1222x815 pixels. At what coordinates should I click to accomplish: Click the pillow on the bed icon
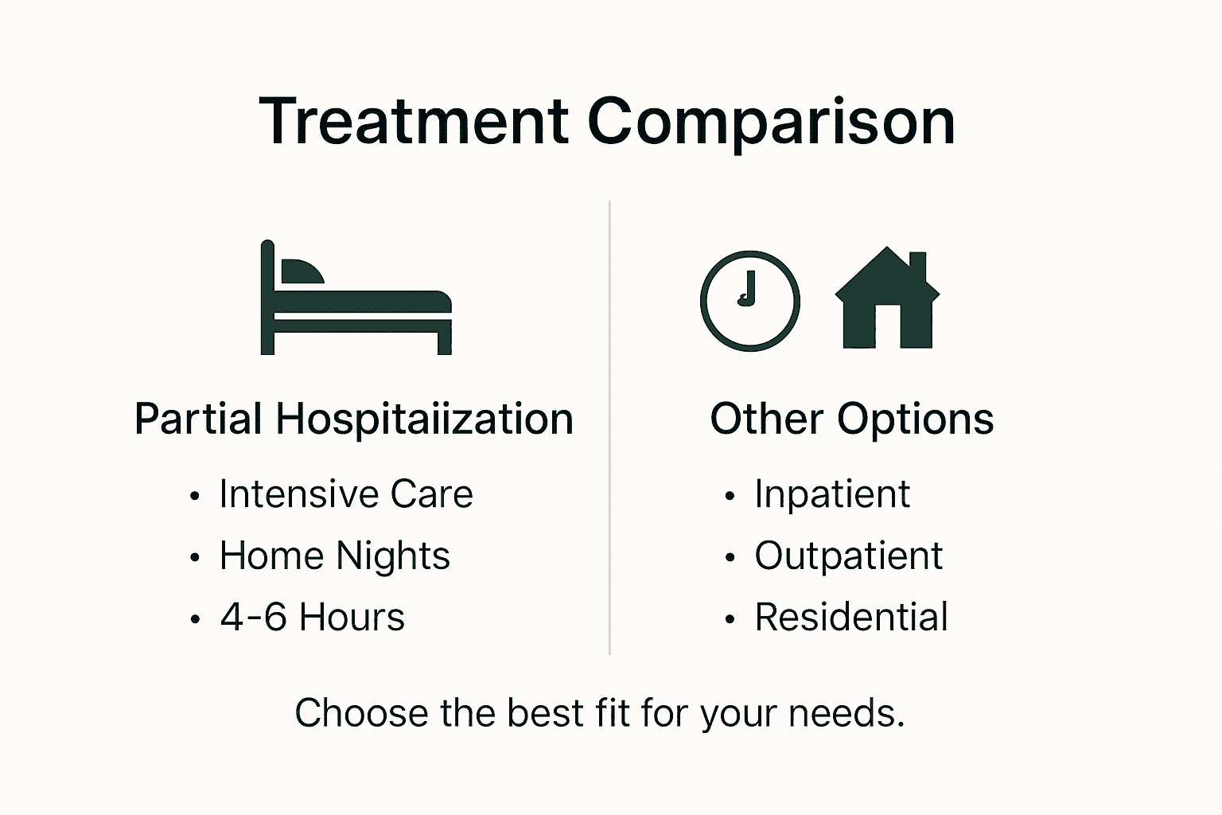coord(302,272)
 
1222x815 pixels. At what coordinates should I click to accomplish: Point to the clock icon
coord(749,301)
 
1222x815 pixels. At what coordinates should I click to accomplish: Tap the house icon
coord(887,302)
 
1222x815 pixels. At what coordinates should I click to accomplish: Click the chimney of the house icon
coord(917,265)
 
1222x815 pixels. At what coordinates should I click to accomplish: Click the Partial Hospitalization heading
coord(354,419)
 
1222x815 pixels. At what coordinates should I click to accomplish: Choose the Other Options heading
coord(851,419)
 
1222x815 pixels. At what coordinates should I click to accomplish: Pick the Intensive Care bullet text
coord(346,494)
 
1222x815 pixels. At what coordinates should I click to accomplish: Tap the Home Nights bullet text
coord(335,556)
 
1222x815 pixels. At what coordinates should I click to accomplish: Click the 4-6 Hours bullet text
coord(313,617)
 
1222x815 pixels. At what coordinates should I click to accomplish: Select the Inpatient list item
coord(831,494)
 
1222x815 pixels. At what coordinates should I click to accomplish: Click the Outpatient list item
coord(848,556)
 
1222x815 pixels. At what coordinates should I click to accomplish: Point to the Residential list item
coord(851,617)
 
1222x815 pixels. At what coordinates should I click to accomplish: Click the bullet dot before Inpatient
coord(730,497)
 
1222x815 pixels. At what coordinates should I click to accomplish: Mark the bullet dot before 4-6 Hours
coord(195,619)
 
